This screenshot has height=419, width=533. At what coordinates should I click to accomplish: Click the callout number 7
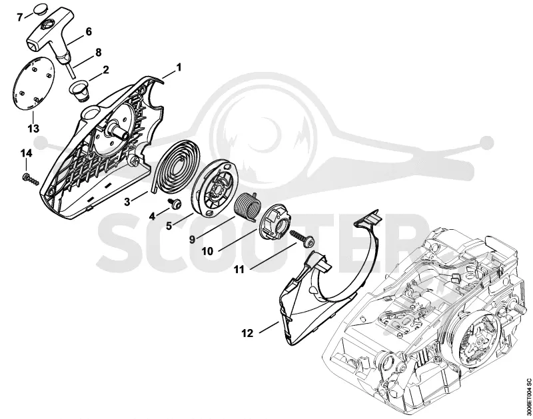click(x=21, y=17)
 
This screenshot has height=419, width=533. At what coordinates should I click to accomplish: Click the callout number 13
click(x=33, y=129)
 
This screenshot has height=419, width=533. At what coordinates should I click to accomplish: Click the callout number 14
click(x=26, y=154)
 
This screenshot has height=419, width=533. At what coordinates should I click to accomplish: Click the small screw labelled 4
click(x=175, y=204)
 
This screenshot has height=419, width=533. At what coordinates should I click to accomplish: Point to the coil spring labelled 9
click(x=248, y=207)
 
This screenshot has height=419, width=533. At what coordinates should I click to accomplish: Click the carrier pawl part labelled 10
click(x=275, y=222)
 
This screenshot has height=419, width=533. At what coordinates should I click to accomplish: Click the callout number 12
click(x=247, y=333)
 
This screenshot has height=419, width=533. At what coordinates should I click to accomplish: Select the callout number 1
click(x=179, y=67)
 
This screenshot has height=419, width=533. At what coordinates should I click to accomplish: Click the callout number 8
click(x=98, y=53)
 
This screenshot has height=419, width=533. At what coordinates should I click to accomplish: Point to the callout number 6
click(x=89, y=31)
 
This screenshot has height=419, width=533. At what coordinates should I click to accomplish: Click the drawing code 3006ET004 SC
click(x=528, y=394)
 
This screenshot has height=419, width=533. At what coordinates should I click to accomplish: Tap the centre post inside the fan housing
click(x=118, y=130)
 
